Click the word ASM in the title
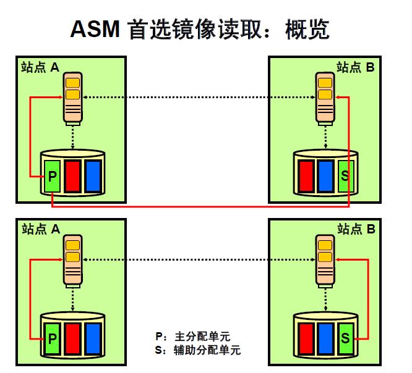tap(95, 28)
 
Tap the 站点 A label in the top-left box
tap(40, 67)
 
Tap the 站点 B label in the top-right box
tap(356, 67)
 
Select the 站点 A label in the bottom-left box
tap(40, 229)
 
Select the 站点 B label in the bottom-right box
tap(356, 229)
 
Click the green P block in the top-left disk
tap(52, 175)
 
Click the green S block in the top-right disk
tap(345, 175)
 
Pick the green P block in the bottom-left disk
tap(52, 338)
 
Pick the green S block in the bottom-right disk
tap(345, 338)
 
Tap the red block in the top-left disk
tap(72, 175)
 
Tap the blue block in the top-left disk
tap(93, 175)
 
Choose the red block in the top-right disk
tap(305, 175)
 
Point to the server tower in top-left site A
tap(73, 99)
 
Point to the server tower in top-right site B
tap(325, 99)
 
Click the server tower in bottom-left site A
tap(73, 261)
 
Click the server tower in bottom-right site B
tap(325, 261)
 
